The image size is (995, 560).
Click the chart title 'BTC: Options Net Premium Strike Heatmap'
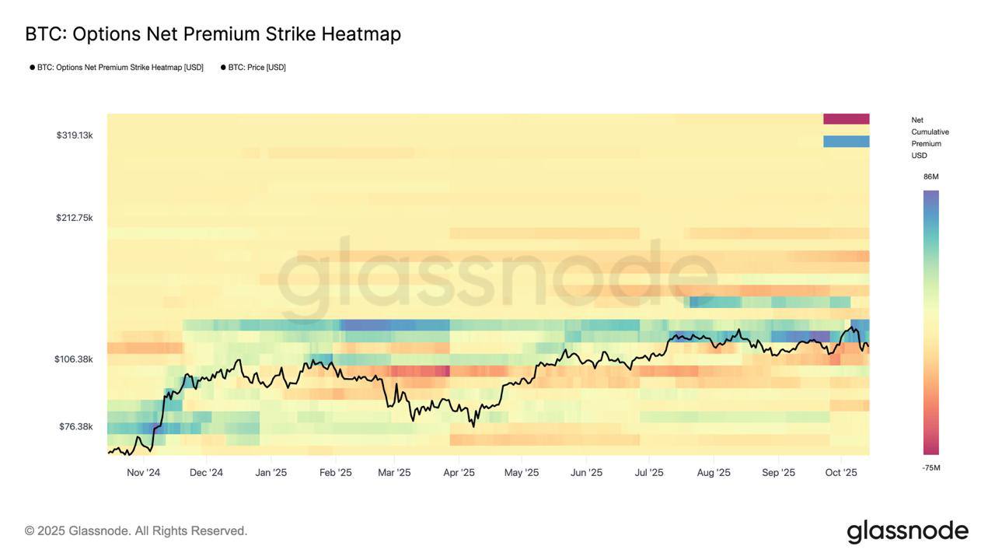click(213, 34)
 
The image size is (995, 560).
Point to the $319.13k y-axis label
click(75, 135)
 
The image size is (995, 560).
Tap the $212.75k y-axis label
click(75, 218)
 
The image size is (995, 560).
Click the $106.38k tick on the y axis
click(74, 359)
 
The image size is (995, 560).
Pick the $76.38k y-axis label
click(76, 426)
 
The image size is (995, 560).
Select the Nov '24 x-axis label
click(143, 473)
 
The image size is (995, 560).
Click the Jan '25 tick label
click(271, 473)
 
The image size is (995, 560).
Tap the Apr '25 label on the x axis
click(459, 473)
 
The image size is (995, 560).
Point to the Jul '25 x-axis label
click(649, 473)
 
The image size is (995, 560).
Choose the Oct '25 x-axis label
click(841, 473)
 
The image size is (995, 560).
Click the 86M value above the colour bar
click(930, 177)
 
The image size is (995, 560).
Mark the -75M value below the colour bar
click(930, 467)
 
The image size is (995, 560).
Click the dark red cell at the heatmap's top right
click(846, 119)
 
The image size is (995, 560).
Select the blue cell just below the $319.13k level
click(846, 142)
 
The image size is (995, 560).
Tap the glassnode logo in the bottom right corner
click(907, 531)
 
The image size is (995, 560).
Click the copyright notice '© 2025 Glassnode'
click(136, 530)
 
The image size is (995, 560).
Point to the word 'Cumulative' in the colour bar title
click(930, 132)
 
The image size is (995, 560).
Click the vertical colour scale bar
click(930, 322)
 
